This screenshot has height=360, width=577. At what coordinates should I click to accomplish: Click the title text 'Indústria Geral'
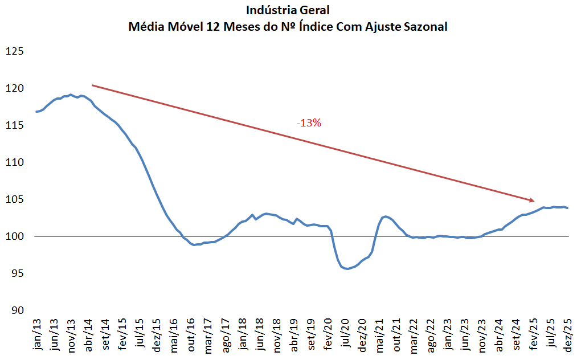point(288,10)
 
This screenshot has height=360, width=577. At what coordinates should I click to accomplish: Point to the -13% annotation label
point(309,122)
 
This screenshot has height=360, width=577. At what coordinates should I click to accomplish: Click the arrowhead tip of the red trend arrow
point(534,201)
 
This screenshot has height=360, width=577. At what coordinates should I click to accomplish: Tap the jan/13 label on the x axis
point(38,336)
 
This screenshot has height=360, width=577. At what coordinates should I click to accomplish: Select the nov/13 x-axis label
point(72,336)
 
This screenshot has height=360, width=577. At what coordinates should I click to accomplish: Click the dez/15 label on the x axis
point(158,336)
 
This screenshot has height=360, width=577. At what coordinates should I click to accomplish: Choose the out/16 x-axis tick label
point(192,336)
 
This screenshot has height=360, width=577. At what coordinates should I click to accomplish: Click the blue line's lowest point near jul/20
point(347,269)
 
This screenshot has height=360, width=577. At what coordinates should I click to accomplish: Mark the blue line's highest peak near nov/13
point(70,95)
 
